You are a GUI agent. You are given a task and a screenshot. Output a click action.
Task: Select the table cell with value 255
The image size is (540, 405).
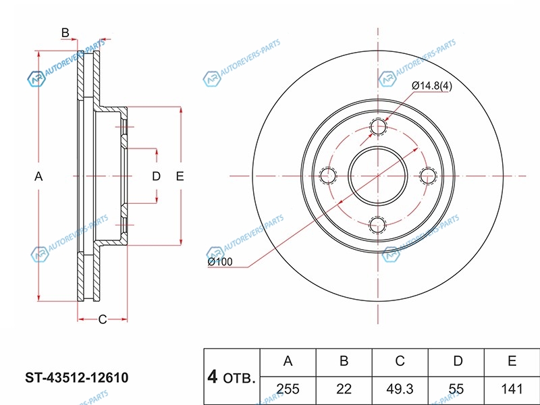point(288,389)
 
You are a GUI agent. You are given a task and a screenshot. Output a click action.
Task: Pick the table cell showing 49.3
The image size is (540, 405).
point(400,389)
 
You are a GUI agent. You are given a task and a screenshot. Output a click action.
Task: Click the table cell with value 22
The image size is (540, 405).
point(344,389)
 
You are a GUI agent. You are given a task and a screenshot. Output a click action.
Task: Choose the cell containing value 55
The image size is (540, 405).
point(457,389)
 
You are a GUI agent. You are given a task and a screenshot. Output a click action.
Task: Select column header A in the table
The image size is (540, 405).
point(288,362)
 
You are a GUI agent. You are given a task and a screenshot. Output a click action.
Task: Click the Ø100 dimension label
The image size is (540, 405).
point(220,261)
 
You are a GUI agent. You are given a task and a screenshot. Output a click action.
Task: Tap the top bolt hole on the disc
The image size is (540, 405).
point(379,127)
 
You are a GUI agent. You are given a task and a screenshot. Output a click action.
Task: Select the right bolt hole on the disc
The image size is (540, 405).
point(427,175)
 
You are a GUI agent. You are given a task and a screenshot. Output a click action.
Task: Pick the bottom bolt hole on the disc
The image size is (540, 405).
point(379,224)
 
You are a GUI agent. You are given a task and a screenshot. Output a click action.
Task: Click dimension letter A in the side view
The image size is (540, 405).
point(39,176)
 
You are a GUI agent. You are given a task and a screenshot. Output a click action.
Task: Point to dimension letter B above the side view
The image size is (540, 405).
point(65,33)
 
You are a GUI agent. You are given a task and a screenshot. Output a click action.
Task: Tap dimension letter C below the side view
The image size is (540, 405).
point(103,319)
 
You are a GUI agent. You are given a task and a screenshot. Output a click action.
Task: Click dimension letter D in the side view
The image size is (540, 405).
point(156,176)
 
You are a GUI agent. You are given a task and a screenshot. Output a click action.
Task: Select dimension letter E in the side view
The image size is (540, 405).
point(180,176)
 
